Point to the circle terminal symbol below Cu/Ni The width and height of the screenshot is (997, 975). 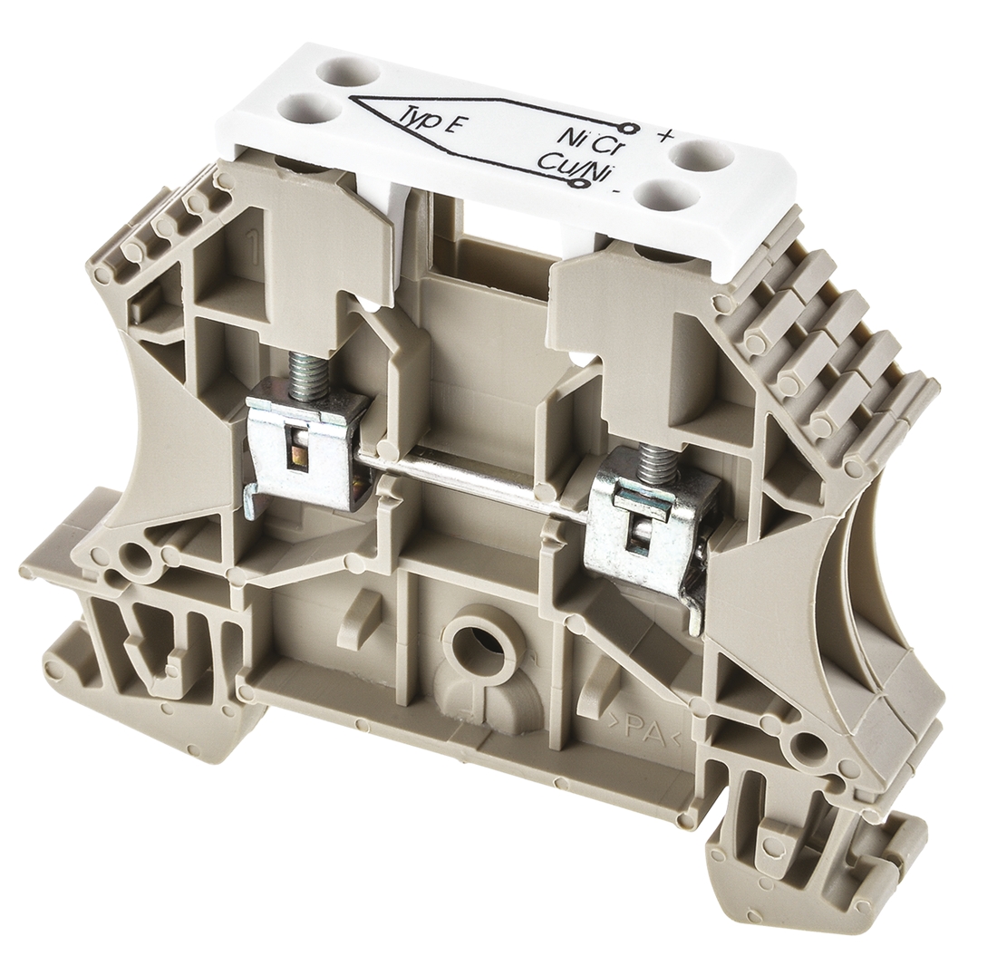(580, 184)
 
